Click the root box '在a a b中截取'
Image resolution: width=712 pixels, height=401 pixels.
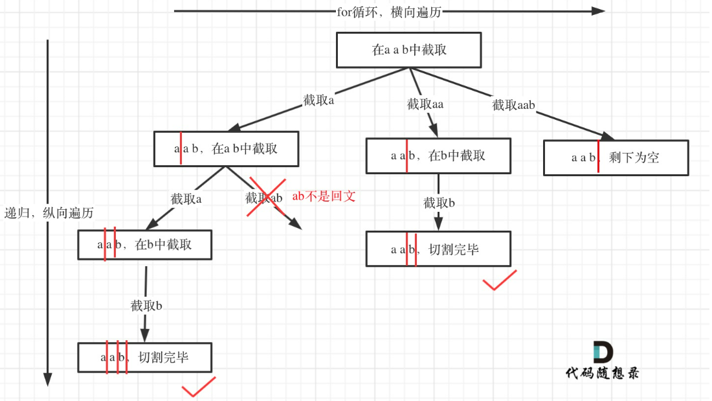click(x=409, y=50)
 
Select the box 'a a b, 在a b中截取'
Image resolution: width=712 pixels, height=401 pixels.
click(x=226, y=148)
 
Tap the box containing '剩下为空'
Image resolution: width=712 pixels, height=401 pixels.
click(x=616, y=157)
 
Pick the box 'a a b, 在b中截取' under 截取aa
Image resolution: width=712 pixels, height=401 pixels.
click(x=438, y=155)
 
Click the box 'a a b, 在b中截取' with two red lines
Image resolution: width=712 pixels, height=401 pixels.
click(x=145, y=244)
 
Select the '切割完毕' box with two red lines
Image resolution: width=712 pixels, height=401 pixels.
click(x=438, y=249)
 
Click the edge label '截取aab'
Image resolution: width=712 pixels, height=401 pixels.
click(x=514, y=105)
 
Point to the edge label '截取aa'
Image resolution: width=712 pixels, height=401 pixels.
click(x=425, y=104)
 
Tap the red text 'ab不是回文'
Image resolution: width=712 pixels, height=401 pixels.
click(x=324, y=196)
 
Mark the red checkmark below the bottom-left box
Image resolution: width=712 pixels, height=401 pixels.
click(x=198, y=387)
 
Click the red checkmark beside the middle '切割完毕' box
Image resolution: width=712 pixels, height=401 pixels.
click(x=499, y=280)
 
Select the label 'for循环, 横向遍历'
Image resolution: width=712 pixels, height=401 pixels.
click(x=389, y=11)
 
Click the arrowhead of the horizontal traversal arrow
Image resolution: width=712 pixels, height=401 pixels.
click(x=598, y=11)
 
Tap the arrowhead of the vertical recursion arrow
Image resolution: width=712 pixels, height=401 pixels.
click(x=47, y=379)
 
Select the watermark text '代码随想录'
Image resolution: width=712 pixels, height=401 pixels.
click(x=601, y=373)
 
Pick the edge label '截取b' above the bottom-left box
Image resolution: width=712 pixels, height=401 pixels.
click(x=146, y=306)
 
